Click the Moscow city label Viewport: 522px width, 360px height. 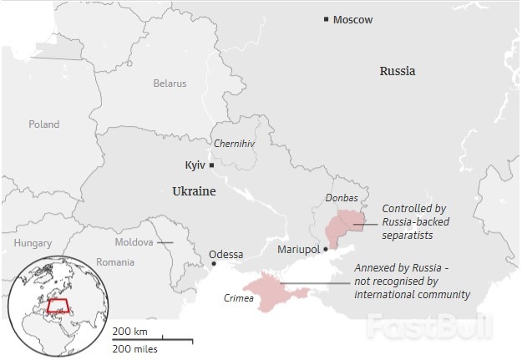pyautogui.click(x=352, y=20)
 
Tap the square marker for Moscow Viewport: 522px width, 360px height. pyautogui.click(x=327, y=19)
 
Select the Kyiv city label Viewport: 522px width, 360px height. pyautogui.click(x=195, y=165)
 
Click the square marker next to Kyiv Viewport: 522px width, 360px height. pyautogui.click(x=212, y=165)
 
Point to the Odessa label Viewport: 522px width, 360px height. pyautogui.click(x=226, y=254)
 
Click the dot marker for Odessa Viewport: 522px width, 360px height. pyautogui.click(x=214, y=264)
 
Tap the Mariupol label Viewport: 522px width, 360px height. pyautogui.click(x=298, y=250)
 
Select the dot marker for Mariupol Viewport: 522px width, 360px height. pyautogui.click(x=325, y=249)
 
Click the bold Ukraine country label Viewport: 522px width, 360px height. pyautogui.click(x=194, y=191)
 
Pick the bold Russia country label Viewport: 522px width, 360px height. pyautogui.click(x=398, y=71)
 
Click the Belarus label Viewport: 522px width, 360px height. pyautogui.click(x=170, y=84)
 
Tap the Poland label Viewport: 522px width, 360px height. pyautogui.click(x=43, y=124)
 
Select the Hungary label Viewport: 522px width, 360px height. pyautogui.click(x=33, y=243)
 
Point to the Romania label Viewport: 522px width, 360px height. pyautogui.click(x=114, y=261)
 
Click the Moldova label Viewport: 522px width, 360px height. pyautogui.click(x=134, y=242)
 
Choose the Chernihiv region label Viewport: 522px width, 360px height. pyautogui.click(x=234, y=144)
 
